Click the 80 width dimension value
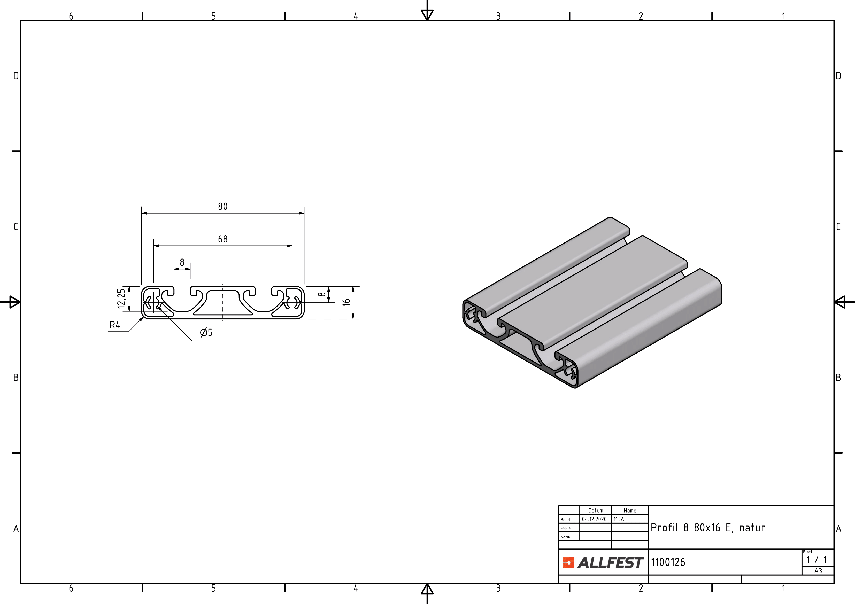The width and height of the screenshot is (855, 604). point(223,207)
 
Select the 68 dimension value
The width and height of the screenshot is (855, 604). point(223,239)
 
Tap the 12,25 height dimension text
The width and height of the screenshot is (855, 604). point(121,299)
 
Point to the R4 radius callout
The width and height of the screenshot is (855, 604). point(115,325)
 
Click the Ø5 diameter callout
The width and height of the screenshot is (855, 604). point(206,332)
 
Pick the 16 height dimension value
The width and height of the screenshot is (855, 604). point(346,302)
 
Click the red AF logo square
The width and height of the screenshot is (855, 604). point(568,562)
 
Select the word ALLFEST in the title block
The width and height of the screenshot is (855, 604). point(610,562)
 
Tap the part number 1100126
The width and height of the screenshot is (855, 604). point(668,562)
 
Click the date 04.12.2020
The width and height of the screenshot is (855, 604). point(594,519)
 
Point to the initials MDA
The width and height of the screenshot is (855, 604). point(619,519)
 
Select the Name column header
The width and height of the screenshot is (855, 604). point(630,511)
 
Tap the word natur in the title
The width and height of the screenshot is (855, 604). point(752,528)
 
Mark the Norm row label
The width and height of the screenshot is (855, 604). point(565,537)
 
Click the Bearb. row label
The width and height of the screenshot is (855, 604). point(566,520)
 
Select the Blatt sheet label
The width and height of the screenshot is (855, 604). point(808,552)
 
